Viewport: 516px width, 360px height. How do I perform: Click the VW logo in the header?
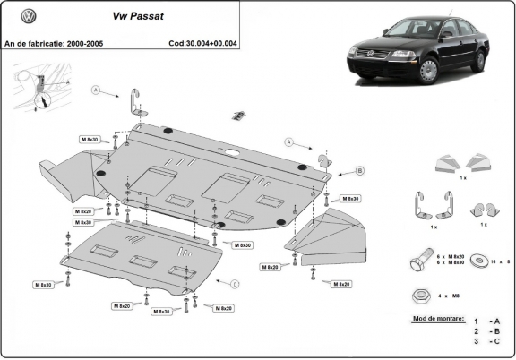pos(28,16)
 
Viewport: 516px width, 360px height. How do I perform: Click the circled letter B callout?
pos(334,170)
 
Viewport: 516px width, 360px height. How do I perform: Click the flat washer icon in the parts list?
pos(484,261)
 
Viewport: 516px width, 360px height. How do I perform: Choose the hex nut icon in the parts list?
pos(420,293)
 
